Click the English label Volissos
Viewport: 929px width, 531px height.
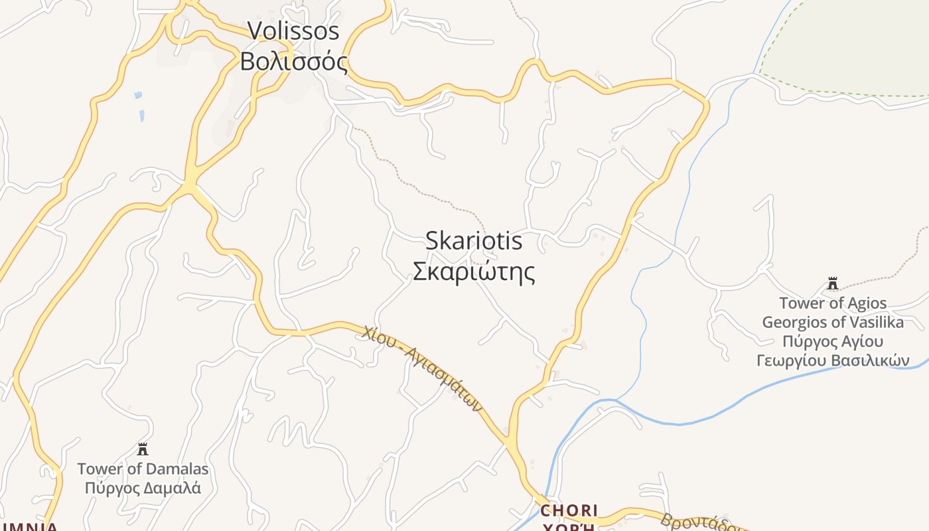click(x=293, y=31)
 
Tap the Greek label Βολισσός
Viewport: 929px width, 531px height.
click(x=293, y=62)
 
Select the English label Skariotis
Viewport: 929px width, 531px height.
click(x=473, y=241)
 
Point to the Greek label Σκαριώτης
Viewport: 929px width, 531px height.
click(x=473, y=271)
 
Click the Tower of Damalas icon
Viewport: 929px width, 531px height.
click(x=142, y=449)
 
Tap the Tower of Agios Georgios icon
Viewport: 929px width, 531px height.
click(x=832, y=284)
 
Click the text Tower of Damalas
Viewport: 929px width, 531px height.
click(x=143, y=469)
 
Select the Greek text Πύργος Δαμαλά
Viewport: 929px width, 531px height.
click(x=143, y=488)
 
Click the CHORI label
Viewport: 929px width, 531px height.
click(x=569, y=510)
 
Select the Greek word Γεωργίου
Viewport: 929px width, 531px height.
click(x=786, y=361)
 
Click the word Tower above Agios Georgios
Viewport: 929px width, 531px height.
click(x=801, y=303)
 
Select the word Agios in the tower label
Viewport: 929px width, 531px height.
click(x=867, y=303)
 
